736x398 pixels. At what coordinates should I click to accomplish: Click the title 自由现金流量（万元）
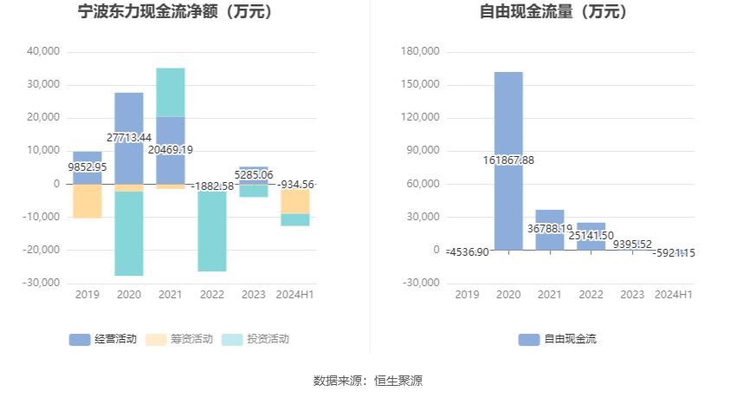(x=553, y=12)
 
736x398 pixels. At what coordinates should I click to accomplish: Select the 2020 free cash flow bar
(x=508, y=113)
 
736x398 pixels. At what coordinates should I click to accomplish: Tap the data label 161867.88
(x=508, y=160)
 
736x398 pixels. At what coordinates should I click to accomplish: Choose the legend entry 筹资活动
(x=178, y=339)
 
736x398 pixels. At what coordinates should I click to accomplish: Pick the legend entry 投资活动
(x=255, y=339)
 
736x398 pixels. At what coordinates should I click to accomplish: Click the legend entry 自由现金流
(x=558, y=339)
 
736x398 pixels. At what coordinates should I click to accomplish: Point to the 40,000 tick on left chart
(x=43, y=51)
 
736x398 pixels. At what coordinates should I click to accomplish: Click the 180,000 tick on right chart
(x=422, y=51)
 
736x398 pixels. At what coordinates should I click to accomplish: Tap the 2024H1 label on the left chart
(x=295, y=295)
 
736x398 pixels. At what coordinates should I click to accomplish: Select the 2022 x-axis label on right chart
(x=591, y=295)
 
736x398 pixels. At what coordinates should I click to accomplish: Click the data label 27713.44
(x=129, y=138)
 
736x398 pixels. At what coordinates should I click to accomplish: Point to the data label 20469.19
(x=171, y=150)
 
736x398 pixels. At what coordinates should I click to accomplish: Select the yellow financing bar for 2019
(x=87, y=201)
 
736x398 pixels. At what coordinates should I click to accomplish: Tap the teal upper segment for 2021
(x=171, y=91)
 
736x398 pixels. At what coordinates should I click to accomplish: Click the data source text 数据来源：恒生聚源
(x=367, y=380)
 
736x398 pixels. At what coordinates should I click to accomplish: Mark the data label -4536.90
(x=468, y=251)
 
